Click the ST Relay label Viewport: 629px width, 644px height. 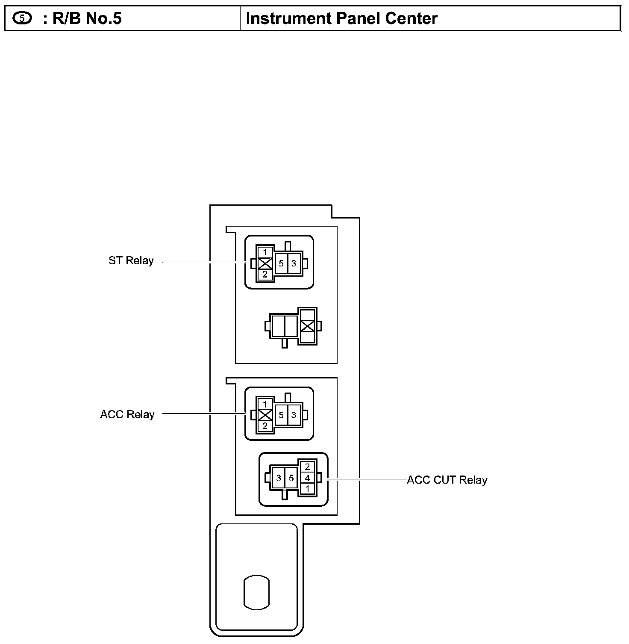point(131,261)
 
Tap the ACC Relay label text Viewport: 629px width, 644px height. point(127,414)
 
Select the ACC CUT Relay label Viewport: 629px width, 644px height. point(447,480)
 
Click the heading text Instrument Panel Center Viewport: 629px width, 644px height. point(342,19)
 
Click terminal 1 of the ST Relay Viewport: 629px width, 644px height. point(265,252)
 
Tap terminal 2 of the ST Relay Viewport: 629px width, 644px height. point(265,275)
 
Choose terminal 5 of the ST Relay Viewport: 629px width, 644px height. point(281,263)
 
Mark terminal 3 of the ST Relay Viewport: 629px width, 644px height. point(294,263)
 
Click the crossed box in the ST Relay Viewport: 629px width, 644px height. point(265,263)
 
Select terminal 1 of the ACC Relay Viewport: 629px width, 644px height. point(265,404)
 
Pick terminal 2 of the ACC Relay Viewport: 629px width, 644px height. point(265,426)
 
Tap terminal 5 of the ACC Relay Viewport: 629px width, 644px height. point(281,415)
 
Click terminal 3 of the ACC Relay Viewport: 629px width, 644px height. point(294,415)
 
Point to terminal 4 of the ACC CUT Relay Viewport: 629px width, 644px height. point(307,478)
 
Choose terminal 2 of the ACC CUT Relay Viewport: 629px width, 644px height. point(307,467)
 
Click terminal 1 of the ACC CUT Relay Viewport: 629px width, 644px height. point(307,488)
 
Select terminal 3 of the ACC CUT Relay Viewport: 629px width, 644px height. point(279,478)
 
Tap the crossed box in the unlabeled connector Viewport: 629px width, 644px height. point(308,326)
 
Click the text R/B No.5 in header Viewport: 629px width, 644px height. point(87,19)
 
